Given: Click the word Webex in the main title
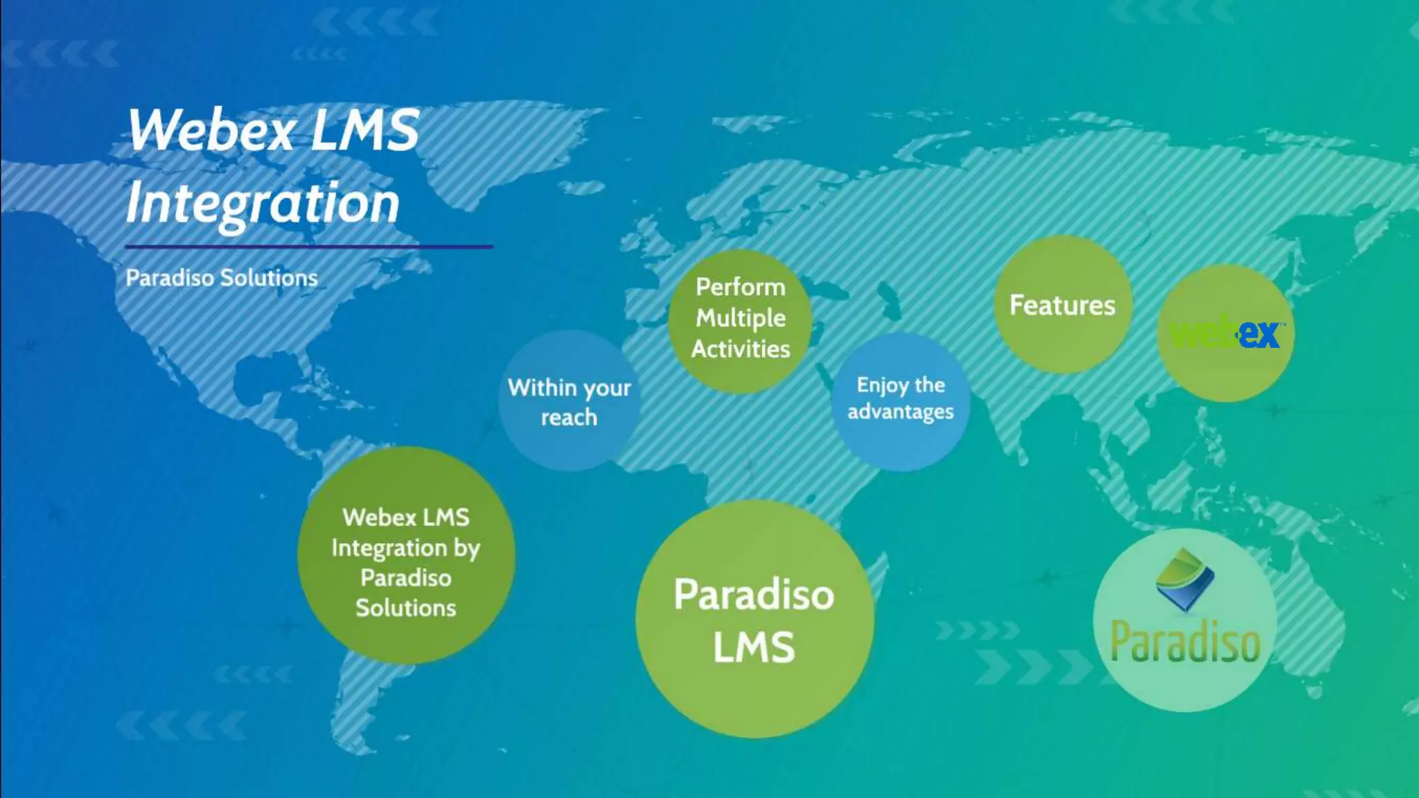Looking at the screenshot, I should coord(211,130).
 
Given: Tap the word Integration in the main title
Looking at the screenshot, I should coord(263,204).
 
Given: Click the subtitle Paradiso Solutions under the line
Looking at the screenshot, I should coord(222,278).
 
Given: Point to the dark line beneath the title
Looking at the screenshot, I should coord(309,247).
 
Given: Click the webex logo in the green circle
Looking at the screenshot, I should coord(1225,333).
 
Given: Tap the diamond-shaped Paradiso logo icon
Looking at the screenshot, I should coord(1185,579).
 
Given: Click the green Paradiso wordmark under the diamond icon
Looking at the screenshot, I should coord(1185,642).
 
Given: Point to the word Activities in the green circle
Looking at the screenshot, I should coord(741,349).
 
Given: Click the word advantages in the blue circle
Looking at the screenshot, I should coord(901,412).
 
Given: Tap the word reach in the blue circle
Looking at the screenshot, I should coord(569,418).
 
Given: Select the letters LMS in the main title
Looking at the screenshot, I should coord(364,130).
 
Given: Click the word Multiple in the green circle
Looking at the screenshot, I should coord(741,318).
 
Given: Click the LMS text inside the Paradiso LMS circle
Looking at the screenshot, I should coord(755,647).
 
